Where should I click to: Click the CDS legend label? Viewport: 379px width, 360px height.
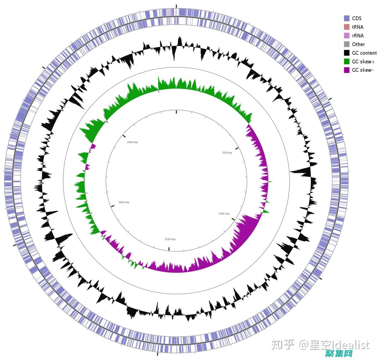tap(357, 18)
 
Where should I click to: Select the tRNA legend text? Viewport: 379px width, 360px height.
tap(357, 27)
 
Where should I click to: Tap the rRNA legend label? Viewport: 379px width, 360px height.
tap(358, 36)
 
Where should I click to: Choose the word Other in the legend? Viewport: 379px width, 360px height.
tap(358, 44)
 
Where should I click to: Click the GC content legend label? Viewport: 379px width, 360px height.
tap(364, 53)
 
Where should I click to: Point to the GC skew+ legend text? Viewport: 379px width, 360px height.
tap(363, 62)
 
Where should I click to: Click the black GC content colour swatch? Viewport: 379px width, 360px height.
tap(347, 53)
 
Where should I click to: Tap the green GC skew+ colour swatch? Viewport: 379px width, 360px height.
tap(347, 62)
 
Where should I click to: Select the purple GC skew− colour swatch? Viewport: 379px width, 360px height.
tap(347, 70)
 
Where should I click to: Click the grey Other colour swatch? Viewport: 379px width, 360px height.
tap(347, 44)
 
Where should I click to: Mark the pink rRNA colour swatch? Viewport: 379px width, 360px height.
tap(347, 36)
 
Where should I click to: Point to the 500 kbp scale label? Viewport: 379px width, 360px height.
tap(227, 153)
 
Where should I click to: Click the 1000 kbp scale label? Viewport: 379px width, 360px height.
tap(224, 213)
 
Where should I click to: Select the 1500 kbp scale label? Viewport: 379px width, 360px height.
tap(170, 239)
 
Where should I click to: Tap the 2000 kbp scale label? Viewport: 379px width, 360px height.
tap(124, 202)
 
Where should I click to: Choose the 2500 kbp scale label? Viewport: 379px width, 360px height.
tap(132, 142)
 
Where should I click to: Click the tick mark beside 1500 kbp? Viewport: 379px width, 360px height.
tap(169, 248)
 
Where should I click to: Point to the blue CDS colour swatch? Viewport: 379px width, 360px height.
tap(347, 18)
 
